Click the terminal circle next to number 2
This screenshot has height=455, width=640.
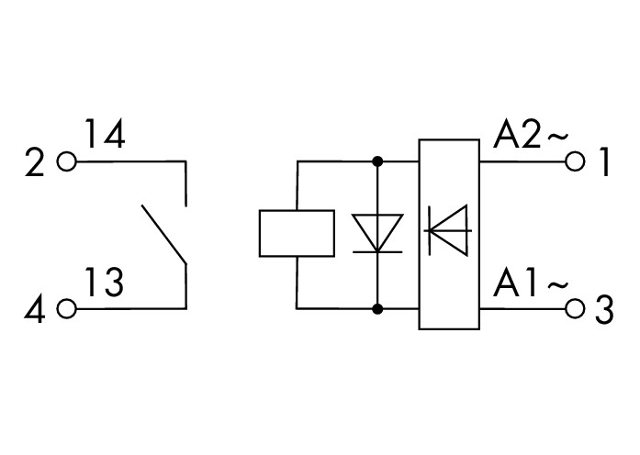coord(66,162)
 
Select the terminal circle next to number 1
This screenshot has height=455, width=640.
coord(576,162)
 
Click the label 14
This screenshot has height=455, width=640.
coord(107,136)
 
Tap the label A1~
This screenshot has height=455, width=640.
coord(532,283)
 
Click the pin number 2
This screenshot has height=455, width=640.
coord(35,164)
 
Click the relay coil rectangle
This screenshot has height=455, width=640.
coord(297,234)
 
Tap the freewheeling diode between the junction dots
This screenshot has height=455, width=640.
coord(377,234)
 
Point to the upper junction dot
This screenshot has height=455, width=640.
coord(377,162)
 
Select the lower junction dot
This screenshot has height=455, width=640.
coord(377,309)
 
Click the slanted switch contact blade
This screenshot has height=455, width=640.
coord(163,235)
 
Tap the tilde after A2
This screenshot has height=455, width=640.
coord(557,139)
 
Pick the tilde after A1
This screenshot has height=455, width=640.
coord(557,285)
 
